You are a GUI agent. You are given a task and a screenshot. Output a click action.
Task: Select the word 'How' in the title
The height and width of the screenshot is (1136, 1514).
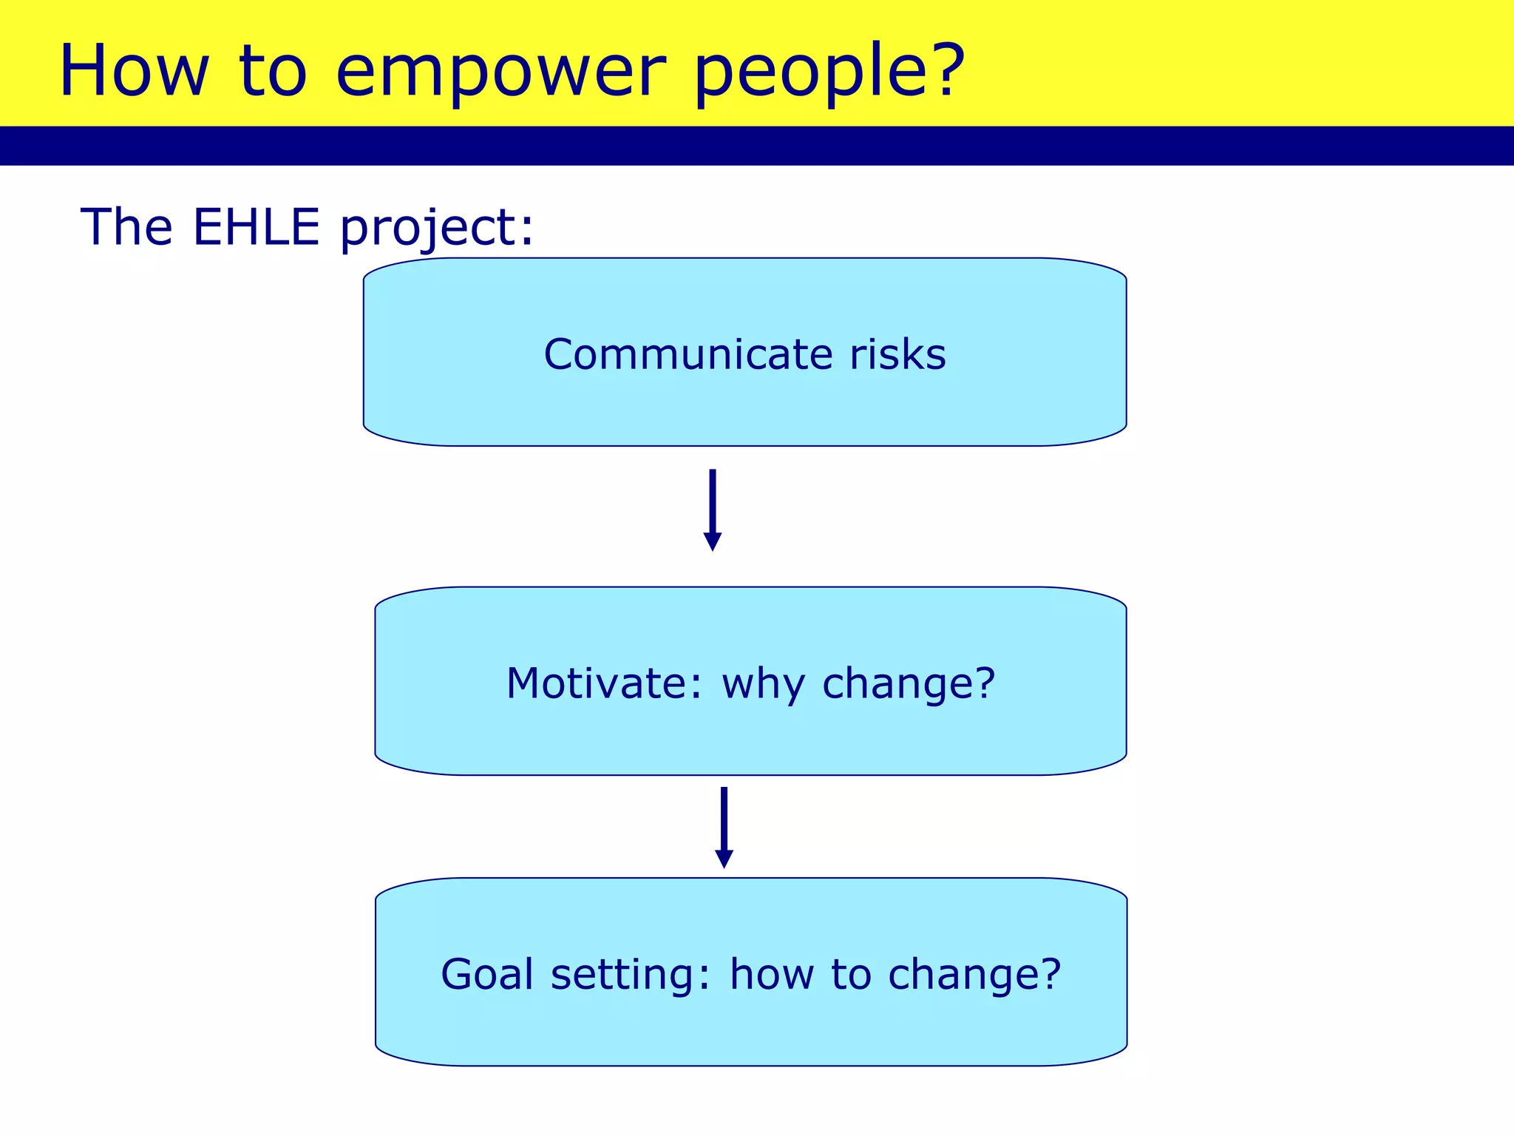pyautogui.click(x=133, y=71)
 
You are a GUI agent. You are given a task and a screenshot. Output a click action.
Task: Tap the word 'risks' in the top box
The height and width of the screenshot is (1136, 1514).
pyautogui.click(x=897, y=354)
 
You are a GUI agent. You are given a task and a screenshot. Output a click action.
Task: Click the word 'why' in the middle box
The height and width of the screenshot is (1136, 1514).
pyautogui.click(x=763, y=685)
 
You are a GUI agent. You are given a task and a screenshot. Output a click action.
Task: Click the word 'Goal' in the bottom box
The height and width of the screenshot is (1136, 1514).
pyautogui.click(x=487, y=974)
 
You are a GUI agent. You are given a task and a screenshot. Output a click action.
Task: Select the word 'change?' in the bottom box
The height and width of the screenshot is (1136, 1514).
pyautogui.click(x=974, y=974)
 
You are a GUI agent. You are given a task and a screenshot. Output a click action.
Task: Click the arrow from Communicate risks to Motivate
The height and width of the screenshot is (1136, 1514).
pyautogui.click(x=712, y=510)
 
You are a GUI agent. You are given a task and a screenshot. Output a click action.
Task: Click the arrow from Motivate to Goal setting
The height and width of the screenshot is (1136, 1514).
pyautogui.click(x=724, y=827)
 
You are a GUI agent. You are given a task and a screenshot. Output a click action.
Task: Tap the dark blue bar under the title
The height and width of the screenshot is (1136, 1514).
pyautogui.click(x=757, y=146)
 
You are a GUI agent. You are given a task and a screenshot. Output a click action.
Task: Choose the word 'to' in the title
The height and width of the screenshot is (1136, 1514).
pyautogui.click(x=272, y=72)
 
